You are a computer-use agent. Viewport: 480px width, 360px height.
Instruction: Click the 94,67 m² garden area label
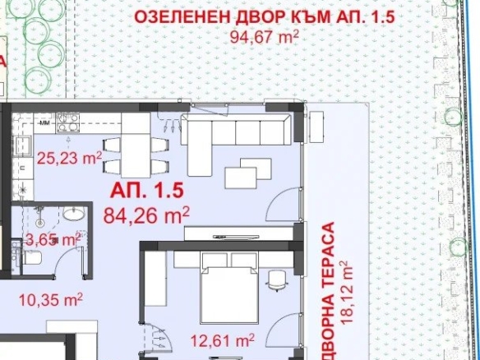(x=264, y=37)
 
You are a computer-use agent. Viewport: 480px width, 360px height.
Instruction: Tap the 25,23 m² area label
(x=70, y=159)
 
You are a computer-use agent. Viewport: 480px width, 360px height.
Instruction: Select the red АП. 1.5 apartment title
(x=147, y=190)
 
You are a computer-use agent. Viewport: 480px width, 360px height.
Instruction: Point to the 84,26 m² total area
(x=146, y=215)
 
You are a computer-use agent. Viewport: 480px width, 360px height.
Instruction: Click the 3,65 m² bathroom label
(x=53, y=239)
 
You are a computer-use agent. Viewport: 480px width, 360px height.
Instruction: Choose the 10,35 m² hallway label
(x=51, y=299)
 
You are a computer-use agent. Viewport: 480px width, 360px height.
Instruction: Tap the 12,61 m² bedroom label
(x=223, y=340)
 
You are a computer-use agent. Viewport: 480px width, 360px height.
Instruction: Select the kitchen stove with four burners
(x=68, y=122)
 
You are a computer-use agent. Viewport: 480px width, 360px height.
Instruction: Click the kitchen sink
(x=23, y=145)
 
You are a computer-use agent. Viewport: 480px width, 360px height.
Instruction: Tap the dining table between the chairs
(x=136, y=145)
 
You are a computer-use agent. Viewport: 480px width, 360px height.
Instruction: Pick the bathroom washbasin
(x=74, y=213)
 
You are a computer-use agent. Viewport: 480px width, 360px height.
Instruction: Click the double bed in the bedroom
(x=229, y=288)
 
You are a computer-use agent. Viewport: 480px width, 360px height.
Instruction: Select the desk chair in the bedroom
(x=276, y=280)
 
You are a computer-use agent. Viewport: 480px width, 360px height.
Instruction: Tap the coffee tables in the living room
(x=248, y=173)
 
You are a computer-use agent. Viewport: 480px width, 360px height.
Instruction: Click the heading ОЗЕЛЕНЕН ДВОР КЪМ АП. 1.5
(x=265, y=16)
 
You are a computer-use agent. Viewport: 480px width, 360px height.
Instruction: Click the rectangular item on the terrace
(x=316, y=127)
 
